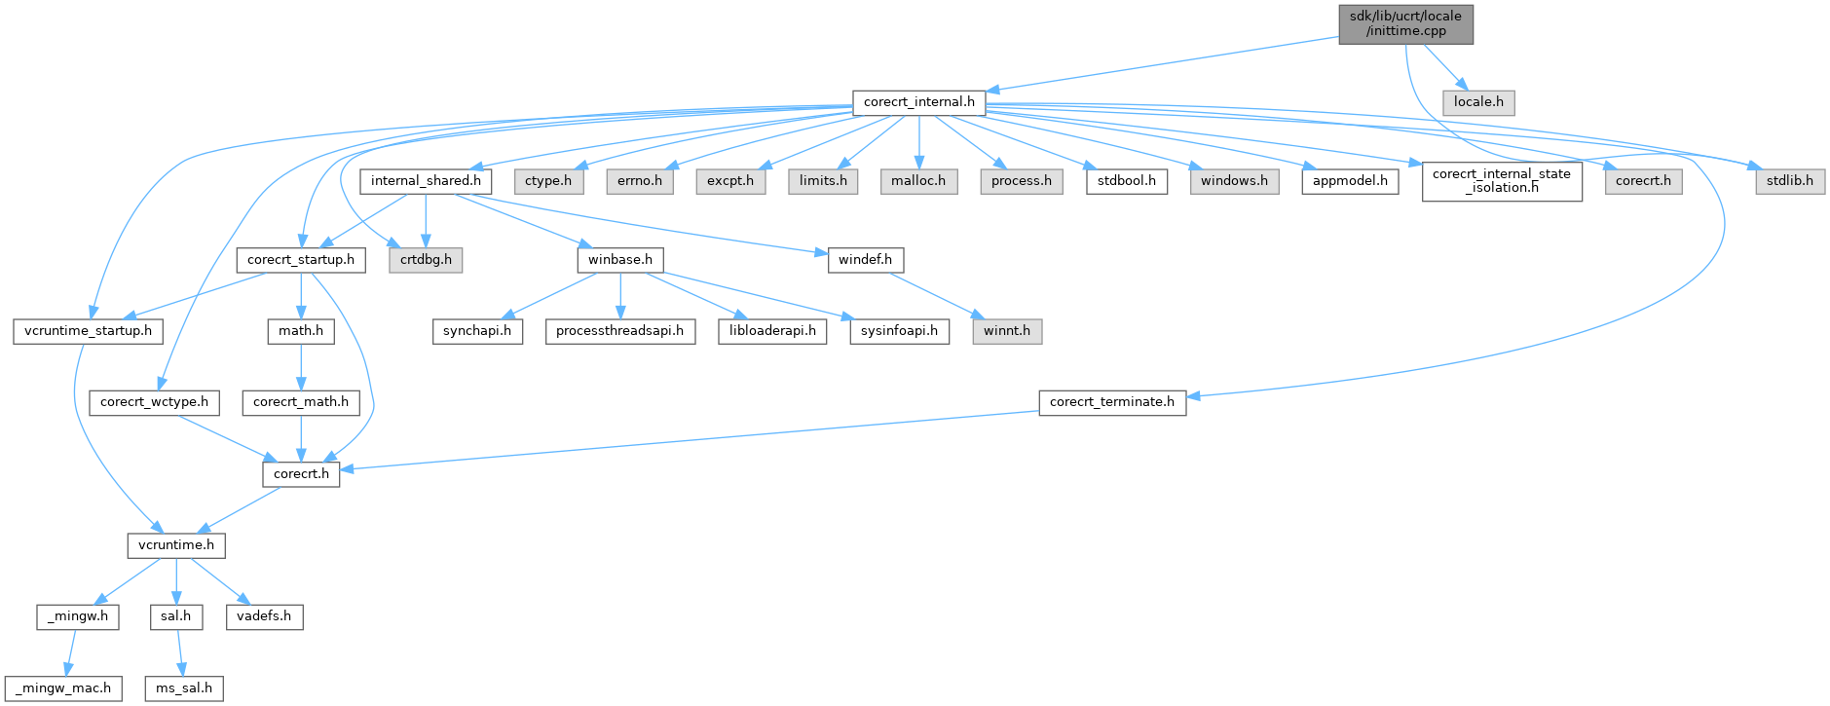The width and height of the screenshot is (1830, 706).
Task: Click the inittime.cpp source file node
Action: (x=1405, y=23)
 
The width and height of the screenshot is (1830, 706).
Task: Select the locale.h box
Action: (x=1478, y=102)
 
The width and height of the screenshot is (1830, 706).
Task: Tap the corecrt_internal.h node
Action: (x=918, y=102)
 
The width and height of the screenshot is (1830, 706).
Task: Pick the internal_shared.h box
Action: (x=426, y=181)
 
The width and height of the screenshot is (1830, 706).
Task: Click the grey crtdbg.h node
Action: (x=426, y=260)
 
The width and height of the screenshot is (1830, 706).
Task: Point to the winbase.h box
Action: (x=620, y=260)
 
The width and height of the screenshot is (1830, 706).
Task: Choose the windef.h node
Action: (x=865, y=260)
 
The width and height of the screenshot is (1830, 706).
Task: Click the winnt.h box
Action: (x=1007, y=331)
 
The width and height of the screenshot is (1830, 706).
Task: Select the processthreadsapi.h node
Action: (x=619, y=331)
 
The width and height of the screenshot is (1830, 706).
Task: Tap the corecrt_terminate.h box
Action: (x=1112, y=402)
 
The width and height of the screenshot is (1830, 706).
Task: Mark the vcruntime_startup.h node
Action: (x=88, y=331)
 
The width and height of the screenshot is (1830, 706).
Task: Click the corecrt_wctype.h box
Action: (x=154, y=402)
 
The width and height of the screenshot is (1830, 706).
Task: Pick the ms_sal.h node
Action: (x=184, y=688)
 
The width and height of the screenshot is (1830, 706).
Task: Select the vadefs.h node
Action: (x=264, y=616)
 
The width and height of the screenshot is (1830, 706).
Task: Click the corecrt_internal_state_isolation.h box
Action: (x=1502, y=181)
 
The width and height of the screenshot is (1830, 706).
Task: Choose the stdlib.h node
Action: (x=1790, y=181)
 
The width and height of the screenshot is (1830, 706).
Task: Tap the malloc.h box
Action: (x=918, y=181)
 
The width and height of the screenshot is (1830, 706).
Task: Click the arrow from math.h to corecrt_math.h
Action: (x=301, y=366)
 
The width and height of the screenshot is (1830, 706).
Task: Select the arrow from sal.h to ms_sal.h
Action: (x=179, y=652)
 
